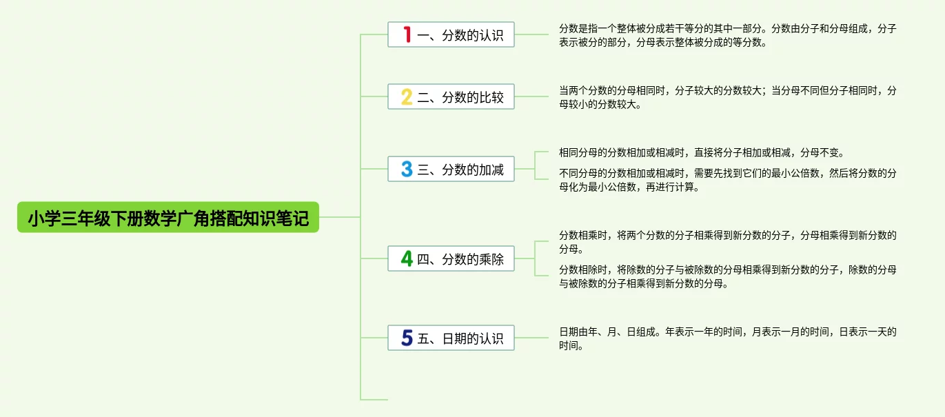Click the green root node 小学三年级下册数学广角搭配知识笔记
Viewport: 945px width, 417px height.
[x=168, y=217]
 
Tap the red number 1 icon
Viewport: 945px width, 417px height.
[x=407, y=34]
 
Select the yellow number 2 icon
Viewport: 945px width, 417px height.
[x=407, y=97]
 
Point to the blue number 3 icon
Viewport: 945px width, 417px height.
[x=407, y=169]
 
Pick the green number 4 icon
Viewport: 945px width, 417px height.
[x=407, y=259]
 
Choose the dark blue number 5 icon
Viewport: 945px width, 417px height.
[x=407, y=338]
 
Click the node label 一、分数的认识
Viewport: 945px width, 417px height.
[x=460, y=35]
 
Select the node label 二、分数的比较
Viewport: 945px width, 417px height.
[x=460, y=97]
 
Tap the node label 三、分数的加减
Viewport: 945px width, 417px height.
[x=460, y=170]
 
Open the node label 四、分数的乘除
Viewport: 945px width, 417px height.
[x=460, y=260]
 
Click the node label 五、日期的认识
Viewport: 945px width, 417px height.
[x=460, y=338]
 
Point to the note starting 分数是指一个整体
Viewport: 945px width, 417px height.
[x=727, y=35]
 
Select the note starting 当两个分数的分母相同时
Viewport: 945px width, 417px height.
[x=727, y=97]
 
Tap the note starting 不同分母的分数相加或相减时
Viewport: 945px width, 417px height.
[x=727, y=180]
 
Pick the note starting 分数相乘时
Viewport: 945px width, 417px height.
[x=727, y=242]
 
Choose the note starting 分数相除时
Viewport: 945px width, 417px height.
[x=727, y=276]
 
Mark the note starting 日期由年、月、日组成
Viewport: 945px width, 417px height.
[x=727, y=338]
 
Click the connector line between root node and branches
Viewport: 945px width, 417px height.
[x=340, y=217]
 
